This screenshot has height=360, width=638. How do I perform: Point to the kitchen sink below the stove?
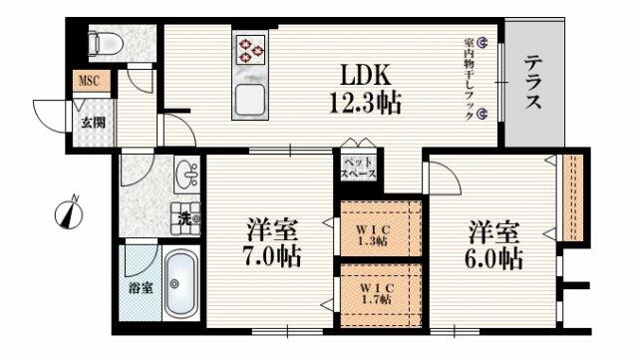tap(248, 98)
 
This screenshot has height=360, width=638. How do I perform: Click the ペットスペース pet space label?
tap(358, 167)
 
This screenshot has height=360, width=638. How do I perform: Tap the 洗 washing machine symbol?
tap(187, 212)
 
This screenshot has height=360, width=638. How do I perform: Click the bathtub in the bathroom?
tap(178, 285)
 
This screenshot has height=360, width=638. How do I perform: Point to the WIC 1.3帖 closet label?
tap(373, 234)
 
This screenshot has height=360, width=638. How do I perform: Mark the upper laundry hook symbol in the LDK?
tap(481, 44)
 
